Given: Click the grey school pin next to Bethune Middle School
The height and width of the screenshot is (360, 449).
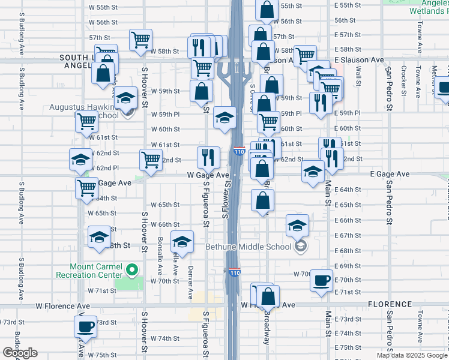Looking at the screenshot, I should (x=301, y=246).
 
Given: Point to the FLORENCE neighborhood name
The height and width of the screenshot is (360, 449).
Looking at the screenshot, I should (x=390, y=304).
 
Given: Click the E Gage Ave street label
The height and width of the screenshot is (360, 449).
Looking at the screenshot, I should (x=390, y=174).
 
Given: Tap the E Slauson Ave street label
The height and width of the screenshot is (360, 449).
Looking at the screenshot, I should (x=359, y=60).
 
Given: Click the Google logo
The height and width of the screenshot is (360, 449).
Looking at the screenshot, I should (x=20, y=353).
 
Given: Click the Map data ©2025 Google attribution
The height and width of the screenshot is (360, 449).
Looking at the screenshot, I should (x=412, y=355).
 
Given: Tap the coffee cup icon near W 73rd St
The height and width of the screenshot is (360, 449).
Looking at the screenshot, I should (x=85, y=326).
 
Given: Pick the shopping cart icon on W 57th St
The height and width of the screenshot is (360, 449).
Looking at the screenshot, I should (x=140, y=40).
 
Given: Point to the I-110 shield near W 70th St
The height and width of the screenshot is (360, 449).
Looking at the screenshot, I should (x=234, y=273).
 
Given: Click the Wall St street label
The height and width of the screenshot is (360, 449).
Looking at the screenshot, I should (x=358, y=75).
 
